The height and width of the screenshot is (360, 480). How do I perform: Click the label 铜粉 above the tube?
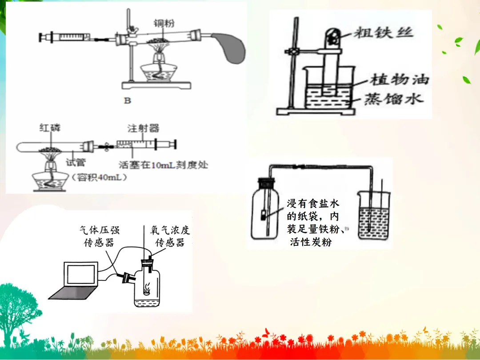pos(163,23)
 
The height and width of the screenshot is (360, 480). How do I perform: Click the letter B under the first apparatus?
pos(128,100)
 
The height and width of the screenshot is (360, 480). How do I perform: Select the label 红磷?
pos(49,128)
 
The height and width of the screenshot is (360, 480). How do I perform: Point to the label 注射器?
pos(143,128)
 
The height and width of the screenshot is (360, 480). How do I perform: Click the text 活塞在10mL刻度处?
pos(163,164)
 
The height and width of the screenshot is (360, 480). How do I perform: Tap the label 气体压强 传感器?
pos(99,236)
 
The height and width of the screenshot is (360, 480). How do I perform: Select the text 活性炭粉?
pos(310,243)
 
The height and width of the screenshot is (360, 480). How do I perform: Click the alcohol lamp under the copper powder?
pos(160,67)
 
